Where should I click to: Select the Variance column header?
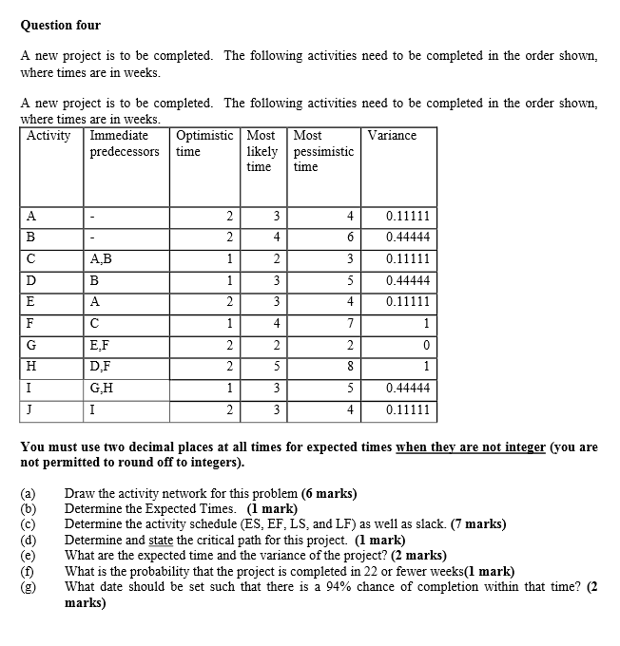coord(392,136)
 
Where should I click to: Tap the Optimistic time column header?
coord(204,143)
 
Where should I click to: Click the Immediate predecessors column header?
coord(125,143)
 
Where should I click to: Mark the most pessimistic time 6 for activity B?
coord(350,237)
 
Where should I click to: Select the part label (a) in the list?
coord(28,494)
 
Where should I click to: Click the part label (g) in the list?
coord(28,587)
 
